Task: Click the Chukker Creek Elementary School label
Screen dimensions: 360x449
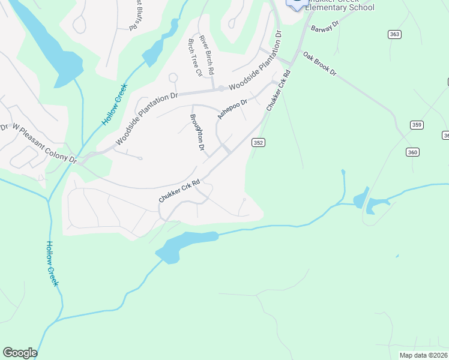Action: pos(340,7)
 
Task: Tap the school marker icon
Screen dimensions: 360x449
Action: pos(295,3)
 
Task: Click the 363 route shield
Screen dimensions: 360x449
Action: pos(394,34)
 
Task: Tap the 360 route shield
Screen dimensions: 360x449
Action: pos(412,152)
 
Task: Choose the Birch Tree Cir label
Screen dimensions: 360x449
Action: pos(194,58)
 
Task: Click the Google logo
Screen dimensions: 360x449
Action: pos(20,353)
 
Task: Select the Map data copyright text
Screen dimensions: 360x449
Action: pos(423,355)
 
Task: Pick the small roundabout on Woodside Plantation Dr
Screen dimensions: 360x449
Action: pos(221,89)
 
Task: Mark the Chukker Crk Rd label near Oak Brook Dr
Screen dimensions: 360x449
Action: pos(279,91)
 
